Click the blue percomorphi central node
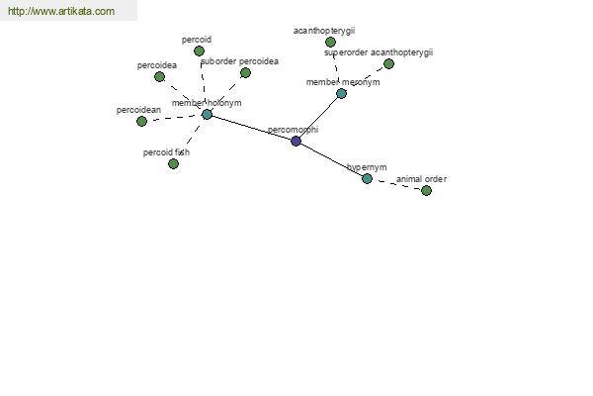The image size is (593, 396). point(296,142)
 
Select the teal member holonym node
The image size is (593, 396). point(207,115)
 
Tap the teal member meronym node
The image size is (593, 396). point(341,93)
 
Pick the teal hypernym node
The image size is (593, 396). point(367,178)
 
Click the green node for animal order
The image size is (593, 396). point(426,191)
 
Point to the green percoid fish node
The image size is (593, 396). point(173,163)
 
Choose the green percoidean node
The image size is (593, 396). point(141,121)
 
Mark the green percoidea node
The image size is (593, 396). point(159,77)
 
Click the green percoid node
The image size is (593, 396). point(199,50)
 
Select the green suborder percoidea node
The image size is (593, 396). point(245,72)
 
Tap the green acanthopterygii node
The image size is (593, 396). point(330,42)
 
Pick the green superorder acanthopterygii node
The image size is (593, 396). point(388,63)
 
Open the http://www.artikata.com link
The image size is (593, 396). point(61,11)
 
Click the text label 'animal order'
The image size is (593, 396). point(421,179)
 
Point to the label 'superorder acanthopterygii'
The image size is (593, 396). point(379,52)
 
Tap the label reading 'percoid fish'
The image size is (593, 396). point(166,152)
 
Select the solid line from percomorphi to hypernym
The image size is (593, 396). point(332,160)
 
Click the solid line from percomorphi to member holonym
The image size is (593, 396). point(251,128)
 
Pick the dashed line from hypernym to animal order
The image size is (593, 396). point(396,184)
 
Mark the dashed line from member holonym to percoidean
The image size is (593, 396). point(174,118)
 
